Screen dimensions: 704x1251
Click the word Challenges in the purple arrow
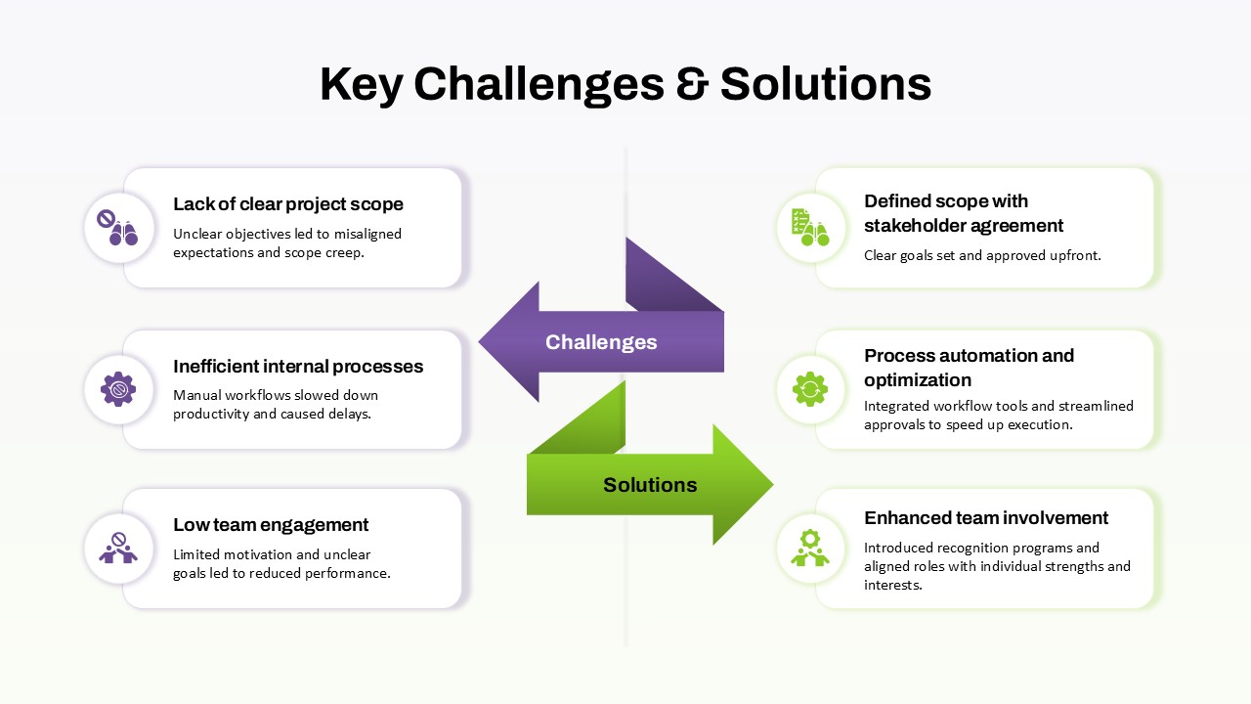601,342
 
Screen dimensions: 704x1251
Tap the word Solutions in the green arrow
650,485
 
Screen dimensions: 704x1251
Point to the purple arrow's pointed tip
481,342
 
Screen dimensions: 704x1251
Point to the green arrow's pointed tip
771,484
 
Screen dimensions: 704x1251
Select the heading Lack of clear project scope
288,204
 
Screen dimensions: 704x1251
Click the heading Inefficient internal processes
298,367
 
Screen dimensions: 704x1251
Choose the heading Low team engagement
271,525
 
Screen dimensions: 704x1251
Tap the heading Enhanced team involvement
986,518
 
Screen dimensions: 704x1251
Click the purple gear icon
118,389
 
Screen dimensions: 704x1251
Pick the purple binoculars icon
118,228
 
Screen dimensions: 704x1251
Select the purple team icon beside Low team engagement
118,549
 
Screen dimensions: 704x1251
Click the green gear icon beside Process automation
810,389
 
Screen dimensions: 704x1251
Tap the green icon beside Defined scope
810,227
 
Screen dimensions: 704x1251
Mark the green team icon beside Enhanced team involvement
810,549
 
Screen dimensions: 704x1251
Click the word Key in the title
361,84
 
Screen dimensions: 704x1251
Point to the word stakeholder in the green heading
915,226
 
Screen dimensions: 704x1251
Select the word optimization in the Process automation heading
918,380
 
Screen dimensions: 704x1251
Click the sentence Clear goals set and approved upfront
982,256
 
